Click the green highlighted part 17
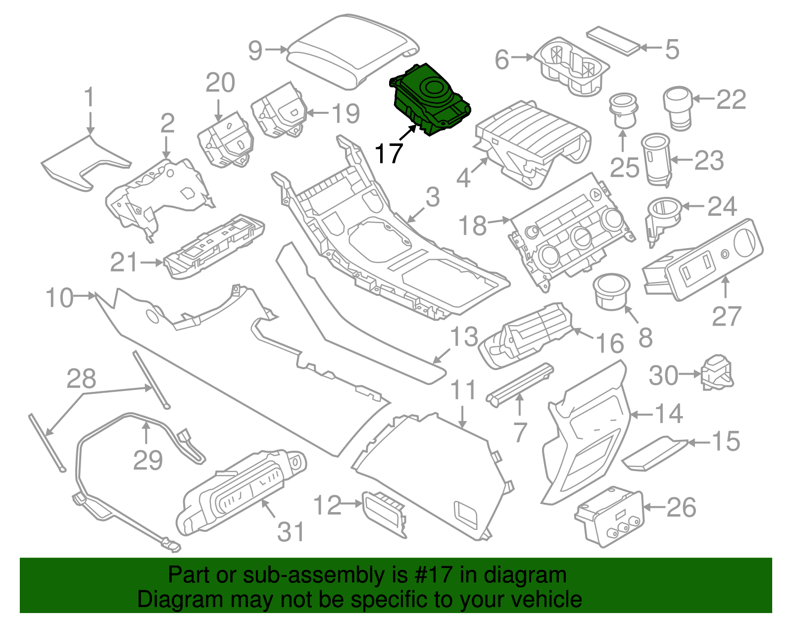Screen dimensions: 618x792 click(430, 99)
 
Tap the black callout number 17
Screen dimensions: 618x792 click(389, 154)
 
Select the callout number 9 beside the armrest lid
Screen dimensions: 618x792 click(255, 50)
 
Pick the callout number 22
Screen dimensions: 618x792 click(731, 100)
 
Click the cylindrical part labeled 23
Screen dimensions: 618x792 click(656, 159)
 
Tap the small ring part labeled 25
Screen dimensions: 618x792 click(623, 110)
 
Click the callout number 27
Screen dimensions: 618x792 click(726, 316)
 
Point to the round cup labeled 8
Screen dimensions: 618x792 click(612, 291)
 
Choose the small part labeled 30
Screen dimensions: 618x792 click(717, 372)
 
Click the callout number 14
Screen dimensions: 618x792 click(669, 414)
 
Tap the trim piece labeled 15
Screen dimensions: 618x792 click(653, 453)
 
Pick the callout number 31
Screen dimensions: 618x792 click(291, 532)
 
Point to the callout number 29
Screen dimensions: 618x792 click(148, 461)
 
